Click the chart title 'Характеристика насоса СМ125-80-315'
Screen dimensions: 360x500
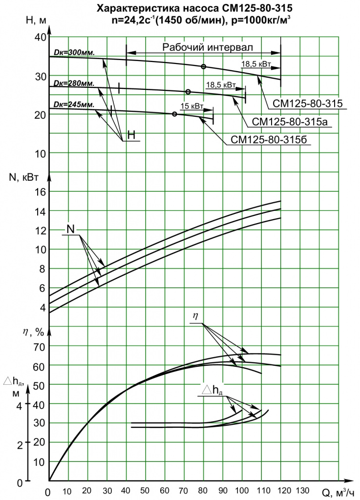coord(194,9)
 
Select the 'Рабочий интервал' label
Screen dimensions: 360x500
coord(208,47)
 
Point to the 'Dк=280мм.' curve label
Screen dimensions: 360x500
coord(74,83)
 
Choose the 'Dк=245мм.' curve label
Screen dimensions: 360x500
coord(74,104)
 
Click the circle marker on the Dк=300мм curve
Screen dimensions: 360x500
coord(203,66)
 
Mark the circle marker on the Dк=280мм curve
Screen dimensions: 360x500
coord(188,92)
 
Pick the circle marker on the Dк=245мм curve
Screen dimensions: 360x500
coord(174,114)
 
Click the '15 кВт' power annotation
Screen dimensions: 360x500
coord(192,106)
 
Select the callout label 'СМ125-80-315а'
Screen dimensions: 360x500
coord(290,122)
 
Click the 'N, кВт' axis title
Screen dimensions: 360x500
coord(24,177)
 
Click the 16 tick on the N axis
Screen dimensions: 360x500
coord(40,191)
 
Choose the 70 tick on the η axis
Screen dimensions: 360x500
coord(39,347)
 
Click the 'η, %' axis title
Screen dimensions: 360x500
coord(33,332)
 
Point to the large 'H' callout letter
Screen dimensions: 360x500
coord(131,135)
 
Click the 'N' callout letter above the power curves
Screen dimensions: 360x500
coord(71,229)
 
